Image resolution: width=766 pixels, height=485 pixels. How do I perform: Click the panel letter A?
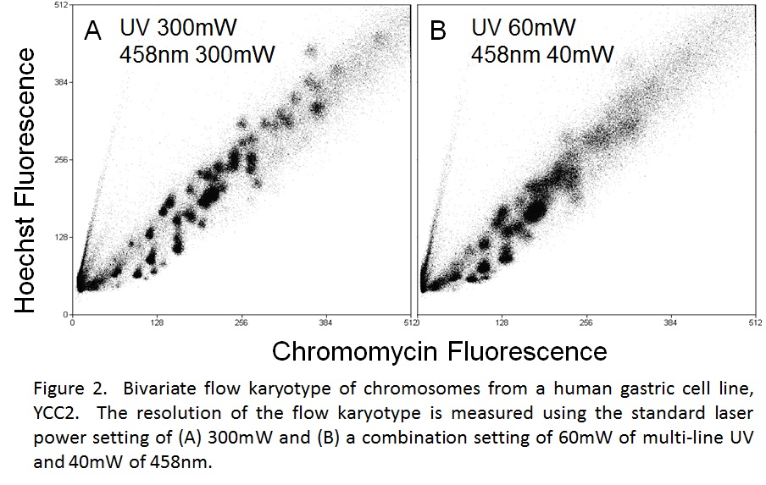pos(93,31)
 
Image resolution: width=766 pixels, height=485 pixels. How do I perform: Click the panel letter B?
pos(438,30)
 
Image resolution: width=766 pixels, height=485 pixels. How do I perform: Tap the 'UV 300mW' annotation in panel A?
pos(178,27)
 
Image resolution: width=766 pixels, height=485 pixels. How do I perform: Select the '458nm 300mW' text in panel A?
pos(197,54)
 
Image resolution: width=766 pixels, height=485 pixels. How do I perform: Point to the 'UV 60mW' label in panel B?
pos(524,27)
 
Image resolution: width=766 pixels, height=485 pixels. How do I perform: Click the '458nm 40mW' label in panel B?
pos(542,54)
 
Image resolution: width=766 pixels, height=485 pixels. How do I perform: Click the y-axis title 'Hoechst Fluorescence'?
pos(25,180)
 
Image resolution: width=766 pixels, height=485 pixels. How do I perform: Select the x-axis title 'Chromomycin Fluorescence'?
pos(439,350)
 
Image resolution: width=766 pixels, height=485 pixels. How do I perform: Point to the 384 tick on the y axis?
pos(61,82)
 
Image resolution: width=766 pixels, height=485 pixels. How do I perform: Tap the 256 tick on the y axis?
pos(61,160)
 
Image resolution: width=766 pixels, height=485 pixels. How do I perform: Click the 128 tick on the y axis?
pos(61,237)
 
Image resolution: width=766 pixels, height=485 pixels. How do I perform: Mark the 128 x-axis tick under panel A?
pos(157,322)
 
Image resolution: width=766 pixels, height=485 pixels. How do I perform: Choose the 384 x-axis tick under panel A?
pos(325,322)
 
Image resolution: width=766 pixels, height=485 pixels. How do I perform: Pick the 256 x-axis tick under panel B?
pos(586,322)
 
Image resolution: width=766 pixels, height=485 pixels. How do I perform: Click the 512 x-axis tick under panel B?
pos(755,322)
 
